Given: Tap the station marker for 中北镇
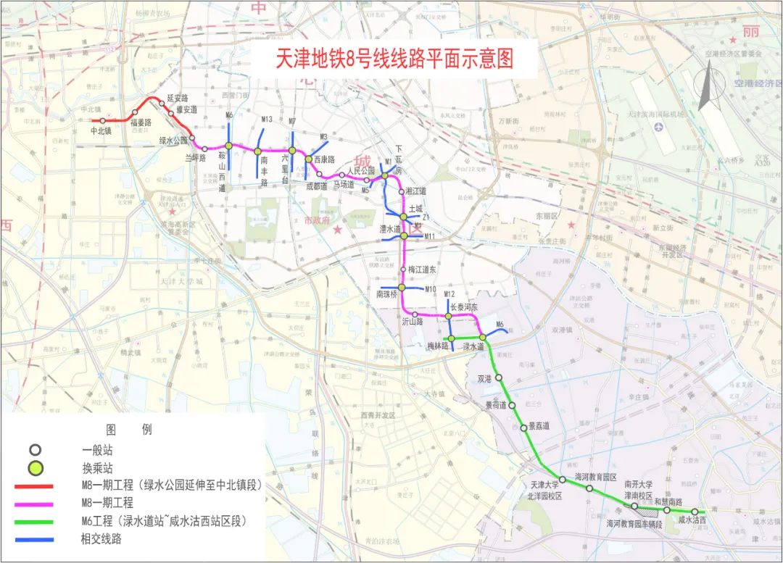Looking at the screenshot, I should (x=103, y=121).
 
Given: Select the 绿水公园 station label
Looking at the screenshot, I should (x=173, y=141).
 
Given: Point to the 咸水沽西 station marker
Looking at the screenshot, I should (x=694, y=512).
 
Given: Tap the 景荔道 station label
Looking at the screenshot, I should (x=539, y=427).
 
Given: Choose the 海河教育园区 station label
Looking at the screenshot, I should (x=595, y=477).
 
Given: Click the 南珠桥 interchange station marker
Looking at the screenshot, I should (x=402, y=288).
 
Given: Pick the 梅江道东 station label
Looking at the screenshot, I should (x=423, y=270).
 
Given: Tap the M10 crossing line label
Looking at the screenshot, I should (x=431, y=289).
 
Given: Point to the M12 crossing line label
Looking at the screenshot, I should (x=449, y=294).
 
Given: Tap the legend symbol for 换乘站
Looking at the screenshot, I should (x=36, y=467).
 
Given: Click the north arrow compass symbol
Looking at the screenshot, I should (x=707, y=86).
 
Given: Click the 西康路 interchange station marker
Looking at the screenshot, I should (x=308, y=159).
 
